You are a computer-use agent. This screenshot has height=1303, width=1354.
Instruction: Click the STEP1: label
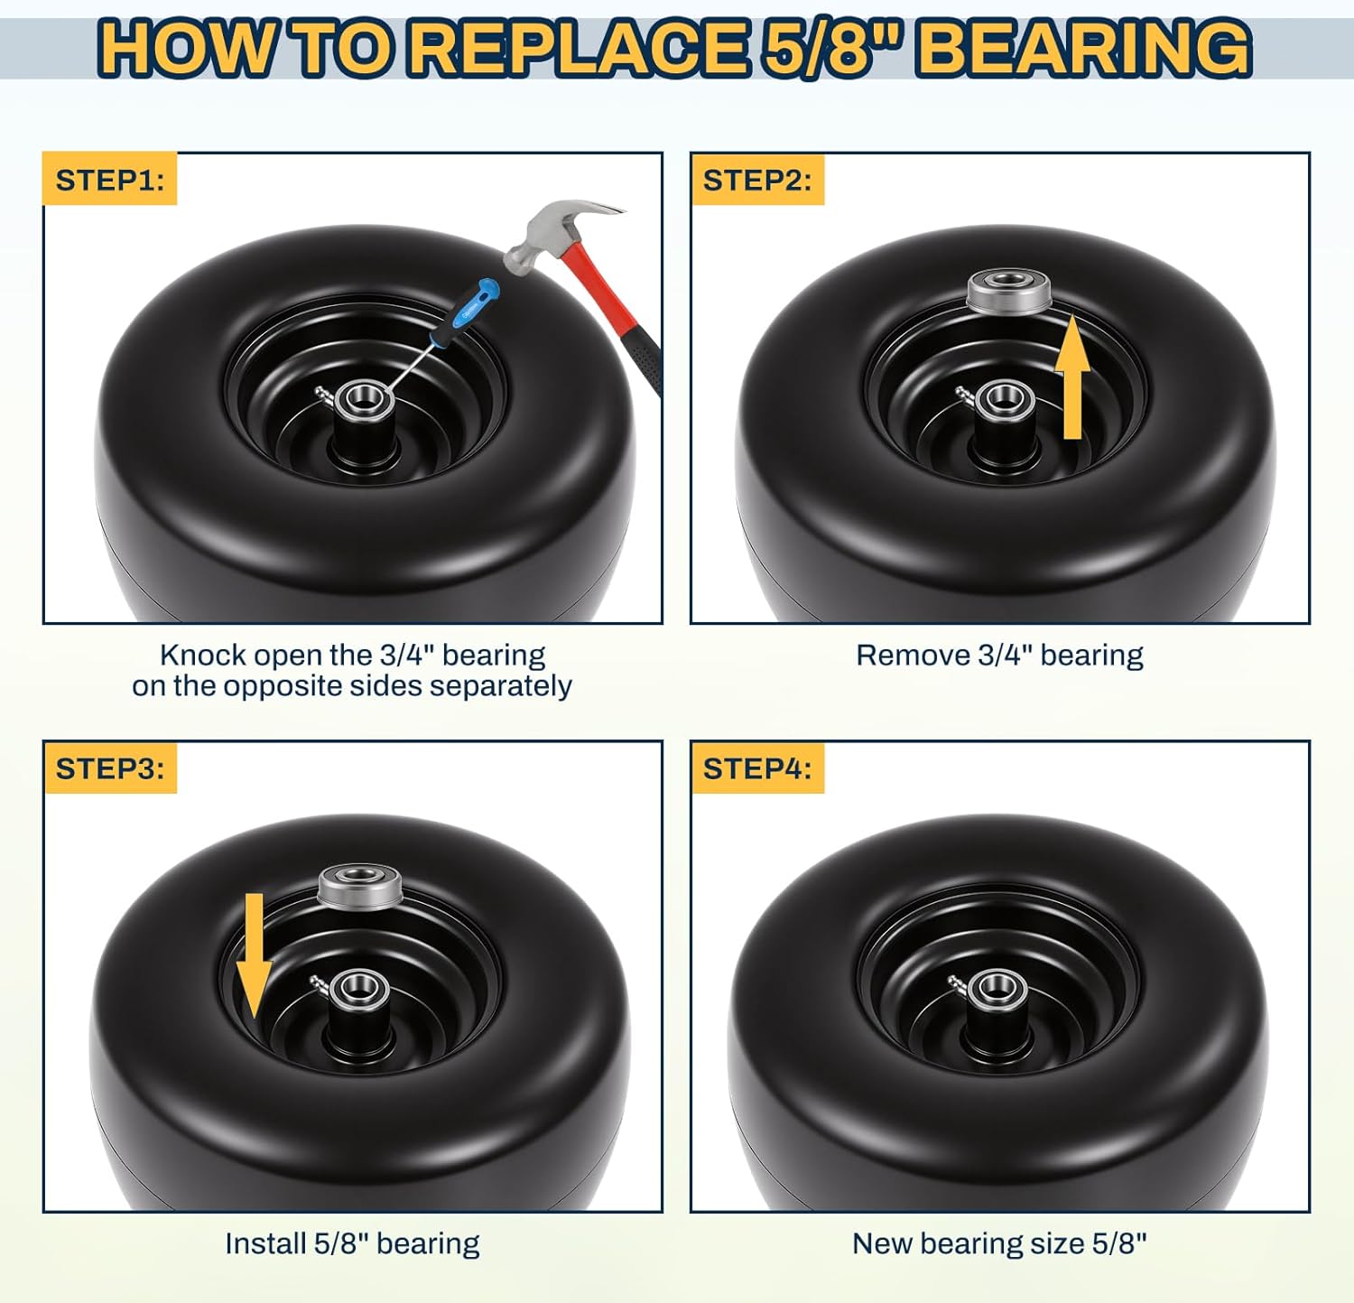(110, 180)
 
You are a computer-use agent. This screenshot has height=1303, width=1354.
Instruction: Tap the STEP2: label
(757, 180)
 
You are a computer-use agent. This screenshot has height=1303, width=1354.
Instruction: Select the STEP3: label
(110, 768)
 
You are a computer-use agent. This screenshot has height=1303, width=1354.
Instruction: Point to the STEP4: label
(757, 768)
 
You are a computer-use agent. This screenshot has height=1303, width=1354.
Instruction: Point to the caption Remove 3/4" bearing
(999, 655)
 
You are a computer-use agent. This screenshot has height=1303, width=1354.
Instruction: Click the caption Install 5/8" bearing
(352, 1243)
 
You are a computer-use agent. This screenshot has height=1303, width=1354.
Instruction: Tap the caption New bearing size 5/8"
(999, 1243)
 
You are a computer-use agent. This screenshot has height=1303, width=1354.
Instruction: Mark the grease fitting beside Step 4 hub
(958, 983)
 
